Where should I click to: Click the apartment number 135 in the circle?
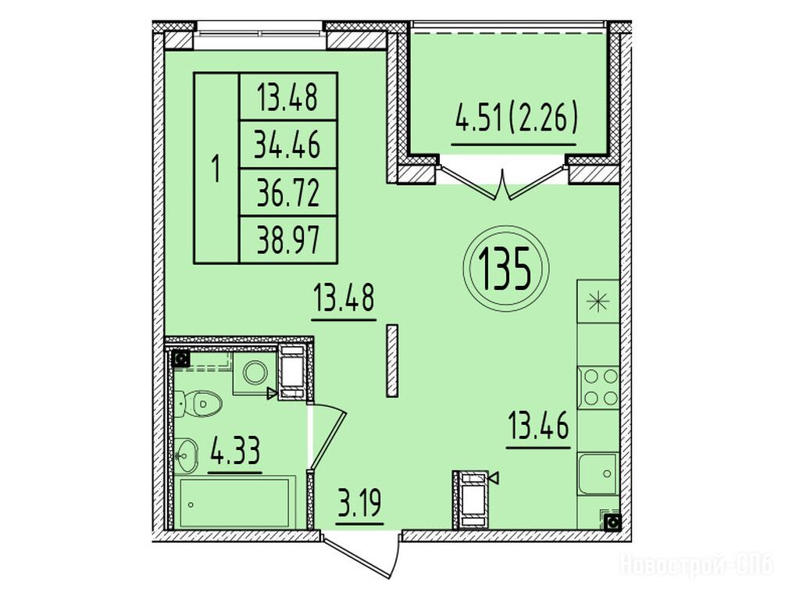(505, 268)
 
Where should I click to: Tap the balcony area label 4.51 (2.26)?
(517, 120)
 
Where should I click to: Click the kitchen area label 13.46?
(539, 427)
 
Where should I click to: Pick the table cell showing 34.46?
(288, 145)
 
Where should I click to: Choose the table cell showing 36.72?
(288, 193)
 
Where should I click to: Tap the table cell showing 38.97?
(288, 240)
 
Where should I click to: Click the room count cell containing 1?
(216, 168)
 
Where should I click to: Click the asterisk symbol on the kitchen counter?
(599, 302)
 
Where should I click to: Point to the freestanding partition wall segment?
(392, 361)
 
